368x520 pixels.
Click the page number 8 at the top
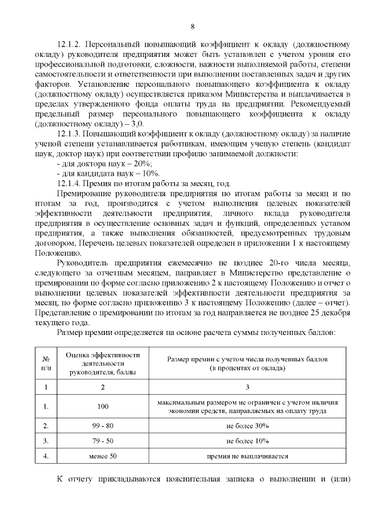pyautogui.click(x=193, y=26)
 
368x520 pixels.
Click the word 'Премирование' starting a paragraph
pyautogui.click(x=86, y=194)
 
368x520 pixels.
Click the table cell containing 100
pyautogui.click(x=102, y=406)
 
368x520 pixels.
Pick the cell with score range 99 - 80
pyautogui.click(x=102, y=426)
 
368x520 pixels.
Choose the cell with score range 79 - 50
pyautogui.click(x=102, y=441)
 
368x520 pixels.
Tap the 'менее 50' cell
pyautogui.click(x=102, y=456)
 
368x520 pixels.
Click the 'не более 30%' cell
pyautogui.click(x=247, y=426)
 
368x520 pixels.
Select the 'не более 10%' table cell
pyautogui.click(x=247, y=441)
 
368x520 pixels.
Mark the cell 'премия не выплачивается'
pyautogui.click(x=247, y=456)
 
